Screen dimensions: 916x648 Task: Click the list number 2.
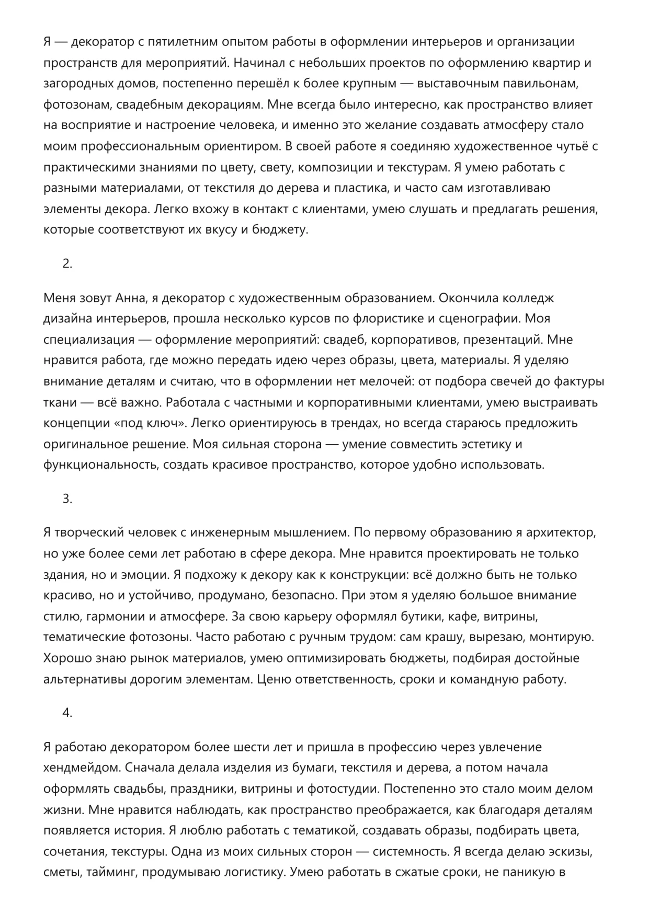click(x=67, y=264)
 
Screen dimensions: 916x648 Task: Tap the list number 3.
click(x=67, y=498)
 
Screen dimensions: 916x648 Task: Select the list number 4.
click(x=67, y=713)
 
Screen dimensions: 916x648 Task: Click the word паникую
click(x=528, y=873)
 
